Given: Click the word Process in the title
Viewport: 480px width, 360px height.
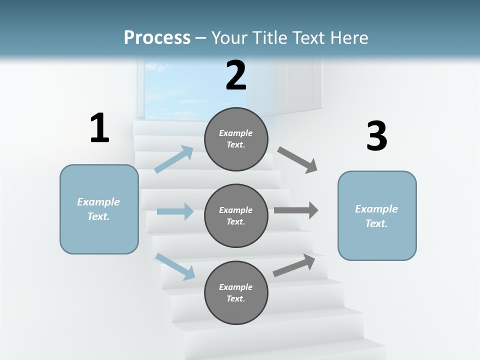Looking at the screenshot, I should [x=157, y=37].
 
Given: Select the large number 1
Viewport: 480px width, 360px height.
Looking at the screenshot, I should [x=99, y=128].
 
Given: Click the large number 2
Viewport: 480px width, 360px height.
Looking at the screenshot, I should [x=236, y=75].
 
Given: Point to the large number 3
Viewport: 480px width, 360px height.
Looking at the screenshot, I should [x=377, y=136].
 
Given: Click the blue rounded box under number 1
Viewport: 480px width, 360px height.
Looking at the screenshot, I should [x=99, y=209].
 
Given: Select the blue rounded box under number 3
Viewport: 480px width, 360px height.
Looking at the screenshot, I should [x=377, y=216].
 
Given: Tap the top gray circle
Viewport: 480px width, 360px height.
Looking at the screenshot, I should [x=236, y=139].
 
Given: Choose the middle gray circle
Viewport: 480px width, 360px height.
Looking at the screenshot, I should [x=236, y=216].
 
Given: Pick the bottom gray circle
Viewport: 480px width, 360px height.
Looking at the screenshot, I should [x=236, y=293].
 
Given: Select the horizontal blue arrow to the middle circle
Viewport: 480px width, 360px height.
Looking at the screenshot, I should [x=175, y=211].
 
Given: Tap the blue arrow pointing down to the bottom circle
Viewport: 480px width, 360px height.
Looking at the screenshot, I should [x=175, y=266].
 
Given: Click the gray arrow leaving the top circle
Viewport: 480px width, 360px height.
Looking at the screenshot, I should [x=297, y=160].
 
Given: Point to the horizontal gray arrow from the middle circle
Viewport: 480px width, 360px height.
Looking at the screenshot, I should [x=296, y=210].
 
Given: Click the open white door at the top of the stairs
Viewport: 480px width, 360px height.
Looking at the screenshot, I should [x=297, y=85].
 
